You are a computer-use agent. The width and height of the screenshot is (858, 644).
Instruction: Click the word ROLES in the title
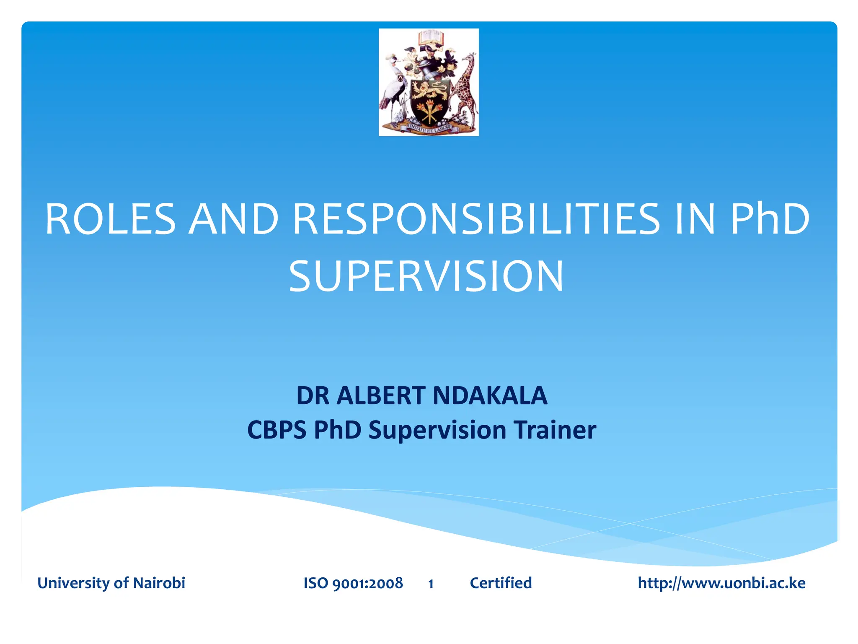pos(110,219)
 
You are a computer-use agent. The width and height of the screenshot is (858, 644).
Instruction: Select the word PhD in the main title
pos(770,219)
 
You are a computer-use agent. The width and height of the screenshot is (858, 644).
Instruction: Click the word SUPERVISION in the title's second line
pos(426,276)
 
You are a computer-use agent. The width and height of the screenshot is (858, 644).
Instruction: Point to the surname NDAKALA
pos(490,395)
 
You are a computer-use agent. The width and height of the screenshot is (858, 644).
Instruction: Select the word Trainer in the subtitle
pos(555,430)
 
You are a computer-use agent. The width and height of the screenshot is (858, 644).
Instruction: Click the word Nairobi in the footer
pos(159,583)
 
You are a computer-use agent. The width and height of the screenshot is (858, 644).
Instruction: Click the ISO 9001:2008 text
pos(353,583)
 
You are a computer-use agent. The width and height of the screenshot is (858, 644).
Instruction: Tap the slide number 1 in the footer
pos(431,584)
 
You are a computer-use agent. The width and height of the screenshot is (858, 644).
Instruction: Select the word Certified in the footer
pos(501,583)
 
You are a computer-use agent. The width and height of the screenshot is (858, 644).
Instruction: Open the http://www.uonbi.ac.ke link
pos(721,583)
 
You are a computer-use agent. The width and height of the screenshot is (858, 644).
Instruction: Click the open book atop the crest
pos(430,38)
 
